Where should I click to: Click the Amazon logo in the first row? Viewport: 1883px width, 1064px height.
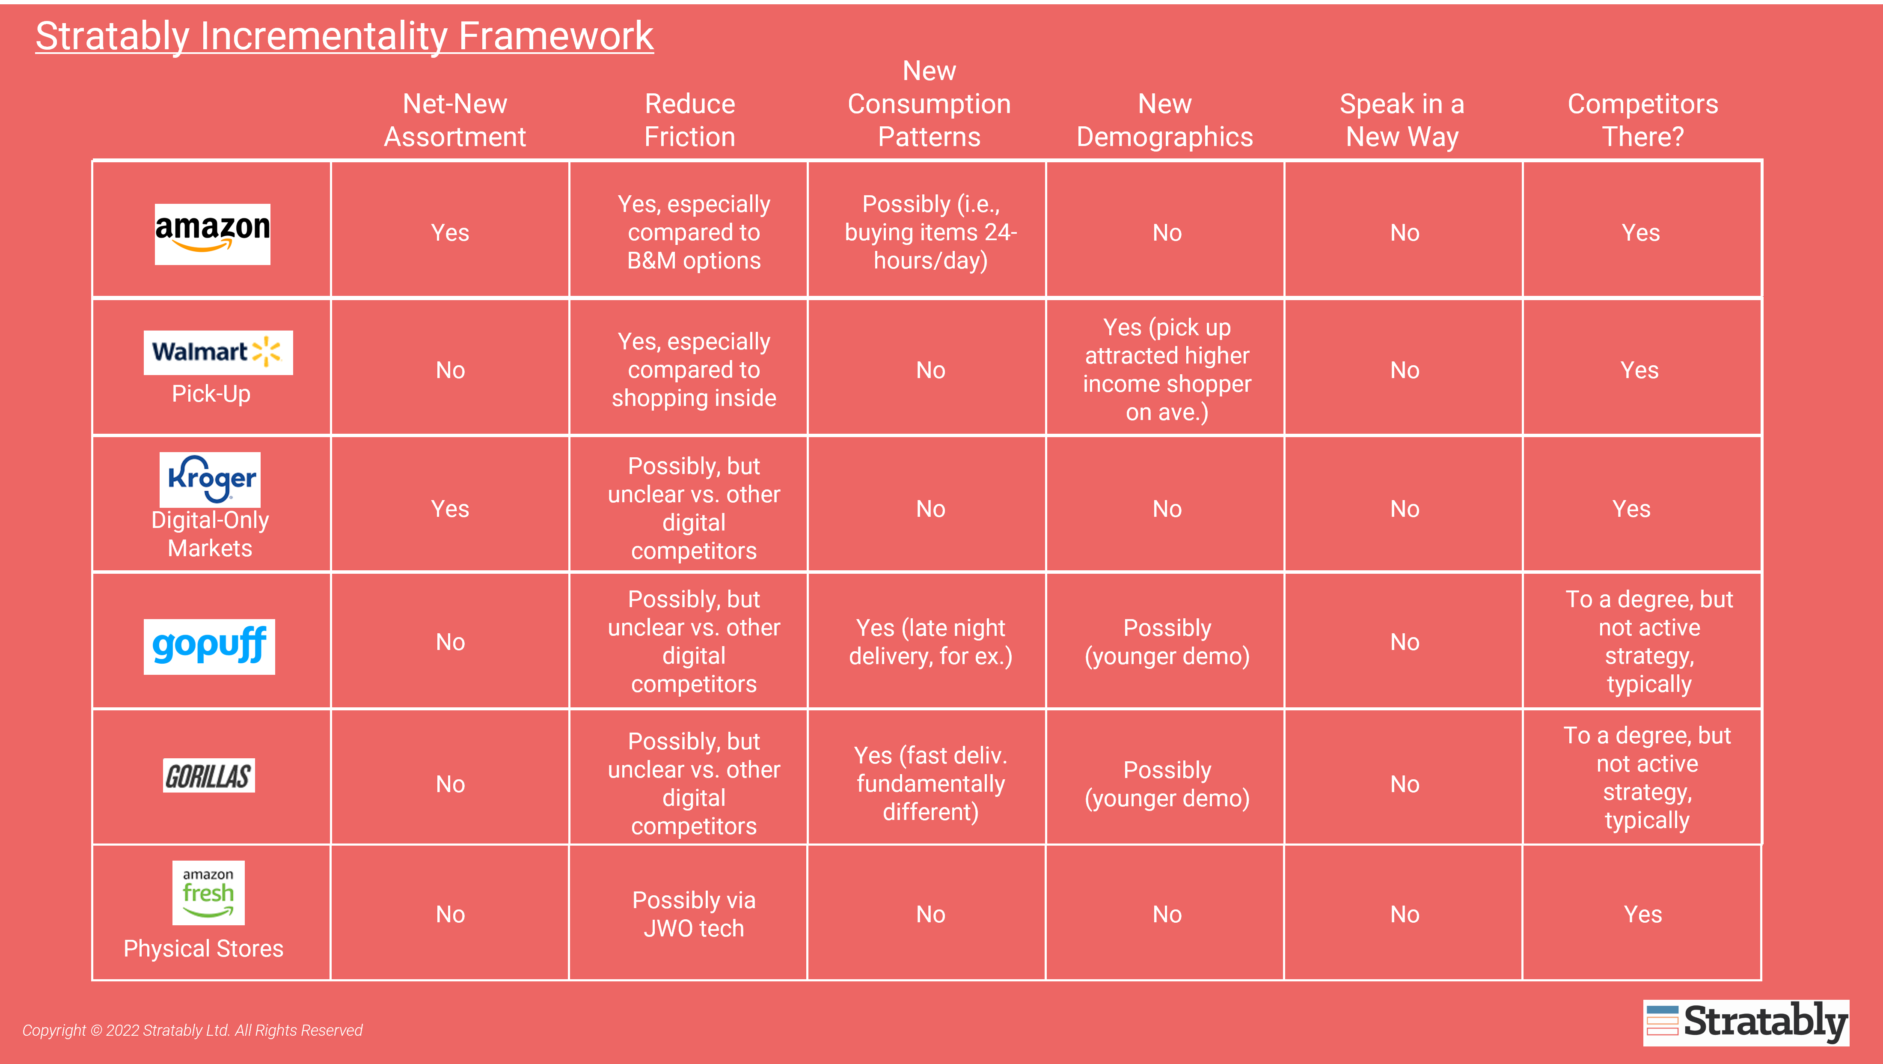tap(212, 234)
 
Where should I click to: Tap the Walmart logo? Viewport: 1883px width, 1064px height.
tap(218, 352)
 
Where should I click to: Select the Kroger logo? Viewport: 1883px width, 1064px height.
tap(210, 480)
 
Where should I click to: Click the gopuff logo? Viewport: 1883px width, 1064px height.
tap(209, 647)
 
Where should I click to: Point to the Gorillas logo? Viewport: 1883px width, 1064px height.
tap(209, 775)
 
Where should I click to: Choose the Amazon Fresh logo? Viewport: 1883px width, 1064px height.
tap(208, 892)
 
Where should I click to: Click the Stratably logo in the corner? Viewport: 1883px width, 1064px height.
tap(1746, 1022)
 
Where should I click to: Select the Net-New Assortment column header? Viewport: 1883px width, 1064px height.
tap(454, 120)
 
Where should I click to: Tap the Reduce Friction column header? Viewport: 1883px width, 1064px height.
tap(689, 120)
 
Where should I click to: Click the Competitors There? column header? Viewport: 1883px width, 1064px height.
tap(1642, 120)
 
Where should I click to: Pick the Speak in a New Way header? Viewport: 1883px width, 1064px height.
tap(1402, 120)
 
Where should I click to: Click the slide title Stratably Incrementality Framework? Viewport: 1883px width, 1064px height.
tap(345, 36)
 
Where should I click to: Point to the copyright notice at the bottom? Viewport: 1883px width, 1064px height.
tap(192, 1030)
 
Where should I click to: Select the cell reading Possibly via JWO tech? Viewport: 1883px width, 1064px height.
tap(694, 914)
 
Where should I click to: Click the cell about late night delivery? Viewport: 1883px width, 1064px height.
tap(930, 641)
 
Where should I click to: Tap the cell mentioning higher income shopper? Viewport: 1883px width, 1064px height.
tap(1167, 369)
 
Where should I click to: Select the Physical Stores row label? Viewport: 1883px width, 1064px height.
tap(203, 948)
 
